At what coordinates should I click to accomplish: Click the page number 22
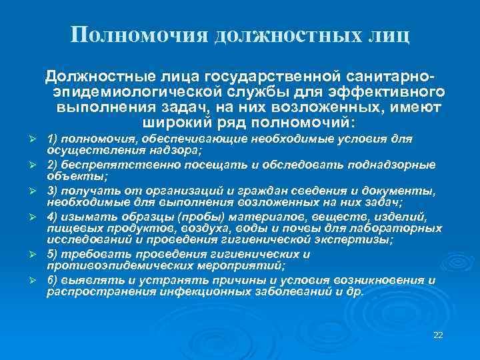tap(438, 334)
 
